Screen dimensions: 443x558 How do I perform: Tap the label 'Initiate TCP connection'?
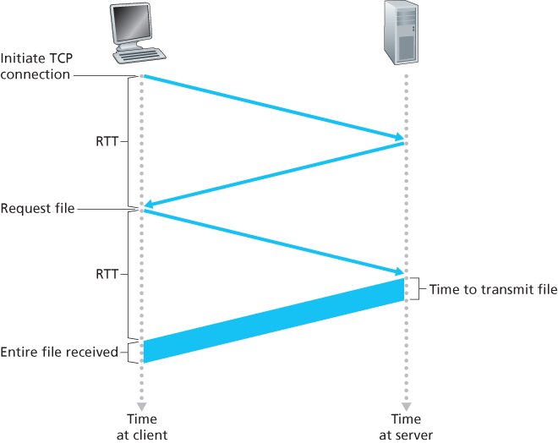click(x=36, y=67)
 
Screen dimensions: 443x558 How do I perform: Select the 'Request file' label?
click(x=37, y=208)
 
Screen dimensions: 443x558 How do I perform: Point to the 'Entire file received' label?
click(x=59, y=351)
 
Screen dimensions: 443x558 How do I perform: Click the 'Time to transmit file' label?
click(x=493, y=289)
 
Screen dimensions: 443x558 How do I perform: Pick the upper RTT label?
click(x=107, y=142)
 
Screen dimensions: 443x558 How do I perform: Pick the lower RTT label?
click(x=107, y=275)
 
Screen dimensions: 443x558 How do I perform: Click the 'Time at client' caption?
click(x=142, y=427)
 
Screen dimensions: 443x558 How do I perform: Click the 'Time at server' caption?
click(x=406, y=427)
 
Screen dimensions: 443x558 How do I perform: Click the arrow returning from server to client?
click(x=274, y=174)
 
